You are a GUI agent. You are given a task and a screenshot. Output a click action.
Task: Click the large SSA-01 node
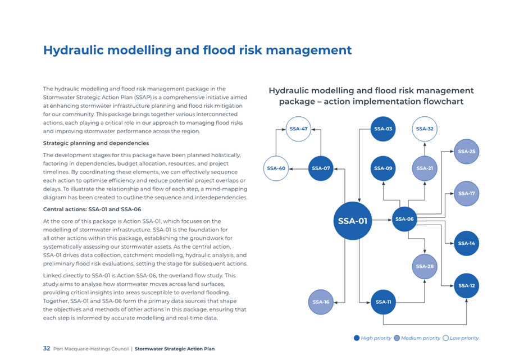click(x=353, y=221)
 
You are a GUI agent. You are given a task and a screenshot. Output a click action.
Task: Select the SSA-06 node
click(x=404, y=219)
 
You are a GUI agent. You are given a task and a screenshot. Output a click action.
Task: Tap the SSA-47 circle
click(x=298, y=129)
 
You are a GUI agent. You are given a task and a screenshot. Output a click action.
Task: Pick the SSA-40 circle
click(x=276, y=168)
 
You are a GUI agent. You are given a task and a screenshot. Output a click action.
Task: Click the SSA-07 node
click(x=321, y=168)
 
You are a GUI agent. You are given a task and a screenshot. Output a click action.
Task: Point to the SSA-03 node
click(x=383, y=129)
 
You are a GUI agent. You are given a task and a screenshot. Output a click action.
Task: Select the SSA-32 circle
click(x=425, y=129)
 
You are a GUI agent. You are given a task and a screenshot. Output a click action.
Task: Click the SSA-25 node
click(x=466, y=152)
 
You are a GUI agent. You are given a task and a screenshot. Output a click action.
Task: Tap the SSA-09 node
click(x=383, y=168)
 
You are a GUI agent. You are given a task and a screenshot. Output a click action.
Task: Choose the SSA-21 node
click(x=425, y=168)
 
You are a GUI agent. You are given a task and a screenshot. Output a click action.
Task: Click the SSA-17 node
click(x=466, y=194)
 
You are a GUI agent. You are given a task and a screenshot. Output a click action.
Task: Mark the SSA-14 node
click(x=466, y=243)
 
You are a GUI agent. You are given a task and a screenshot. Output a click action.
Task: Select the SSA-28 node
click(x=425, y=266)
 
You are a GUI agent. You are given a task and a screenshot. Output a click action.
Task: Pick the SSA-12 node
click(x=466, y=285)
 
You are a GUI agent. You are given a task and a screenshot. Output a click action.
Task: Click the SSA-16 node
click(x=321, y=302)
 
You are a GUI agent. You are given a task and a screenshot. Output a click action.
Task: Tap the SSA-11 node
click(x=383, y=302)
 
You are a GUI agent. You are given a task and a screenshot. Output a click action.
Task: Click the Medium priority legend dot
click(x=397, y=338)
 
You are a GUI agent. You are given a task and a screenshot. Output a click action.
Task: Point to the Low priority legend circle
click(x=445, y=338)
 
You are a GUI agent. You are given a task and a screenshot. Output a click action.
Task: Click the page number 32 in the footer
click(x=47, y=349)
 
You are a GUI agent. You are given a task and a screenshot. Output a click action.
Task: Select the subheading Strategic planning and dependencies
click(x=96, y=143)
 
